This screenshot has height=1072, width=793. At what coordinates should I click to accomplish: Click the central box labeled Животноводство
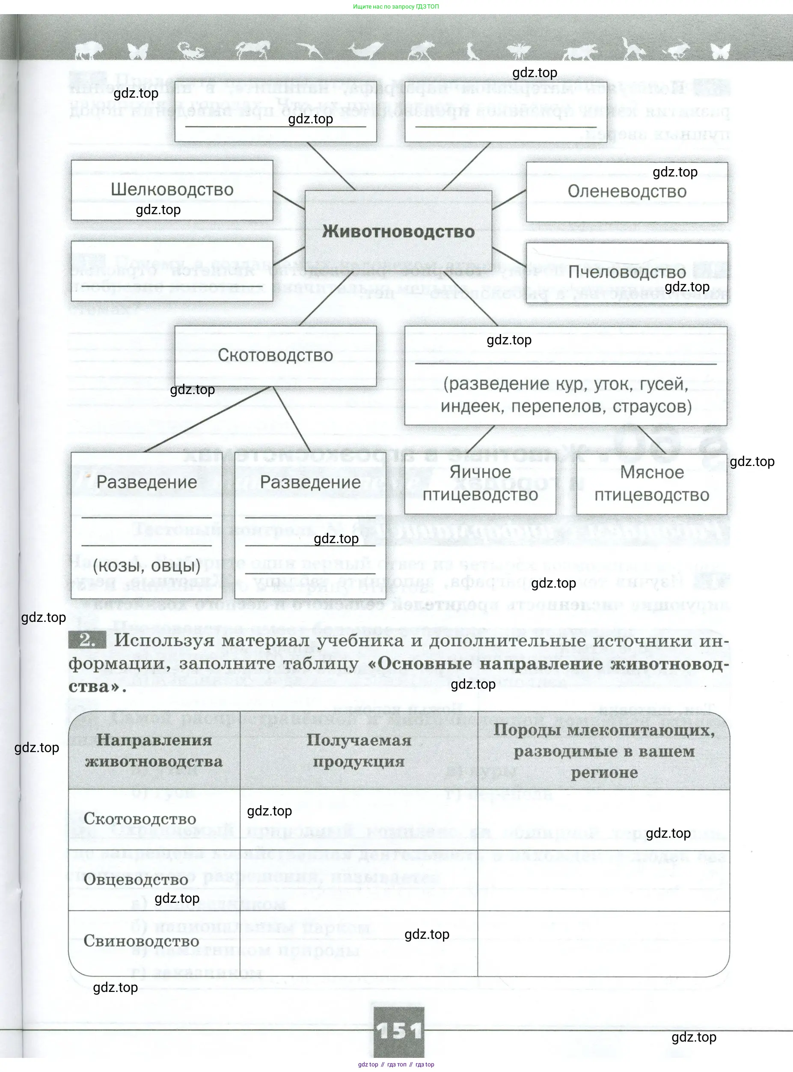(398, 232)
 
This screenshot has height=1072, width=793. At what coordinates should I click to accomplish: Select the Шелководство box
(172, 190)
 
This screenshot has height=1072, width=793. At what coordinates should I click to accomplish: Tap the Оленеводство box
(627, 191)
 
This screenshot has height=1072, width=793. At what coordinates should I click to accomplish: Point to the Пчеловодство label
(627, 272)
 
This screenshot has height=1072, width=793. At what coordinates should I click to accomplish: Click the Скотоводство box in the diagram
(275, 355)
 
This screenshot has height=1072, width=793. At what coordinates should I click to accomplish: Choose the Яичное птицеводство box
(480, 483)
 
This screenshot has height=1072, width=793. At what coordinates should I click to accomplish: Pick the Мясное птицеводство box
(651, 483)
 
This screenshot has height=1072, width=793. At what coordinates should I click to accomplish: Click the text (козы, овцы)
(146, 566)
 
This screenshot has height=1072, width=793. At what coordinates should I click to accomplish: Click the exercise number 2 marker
(87, 640)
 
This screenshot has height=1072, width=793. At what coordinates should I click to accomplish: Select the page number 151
(398, 1031)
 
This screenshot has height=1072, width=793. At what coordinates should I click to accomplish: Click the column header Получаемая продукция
(359, 751)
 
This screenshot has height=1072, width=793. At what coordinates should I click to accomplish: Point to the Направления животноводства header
(154, 751)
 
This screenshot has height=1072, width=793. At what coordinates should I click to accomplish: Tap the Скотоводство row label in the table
(140, 819)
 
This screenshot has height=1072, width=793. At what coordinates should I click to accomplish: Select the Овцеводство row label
(136, 880)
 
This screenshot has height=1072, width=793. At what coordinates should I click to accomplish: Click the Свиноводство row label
(141, 941)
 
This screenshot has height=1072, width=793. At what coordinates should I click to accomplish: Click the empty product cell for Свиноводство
(359, 944)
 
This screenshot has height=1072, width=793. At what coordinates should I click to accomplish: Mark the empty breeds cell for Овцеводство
(603, 881)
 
